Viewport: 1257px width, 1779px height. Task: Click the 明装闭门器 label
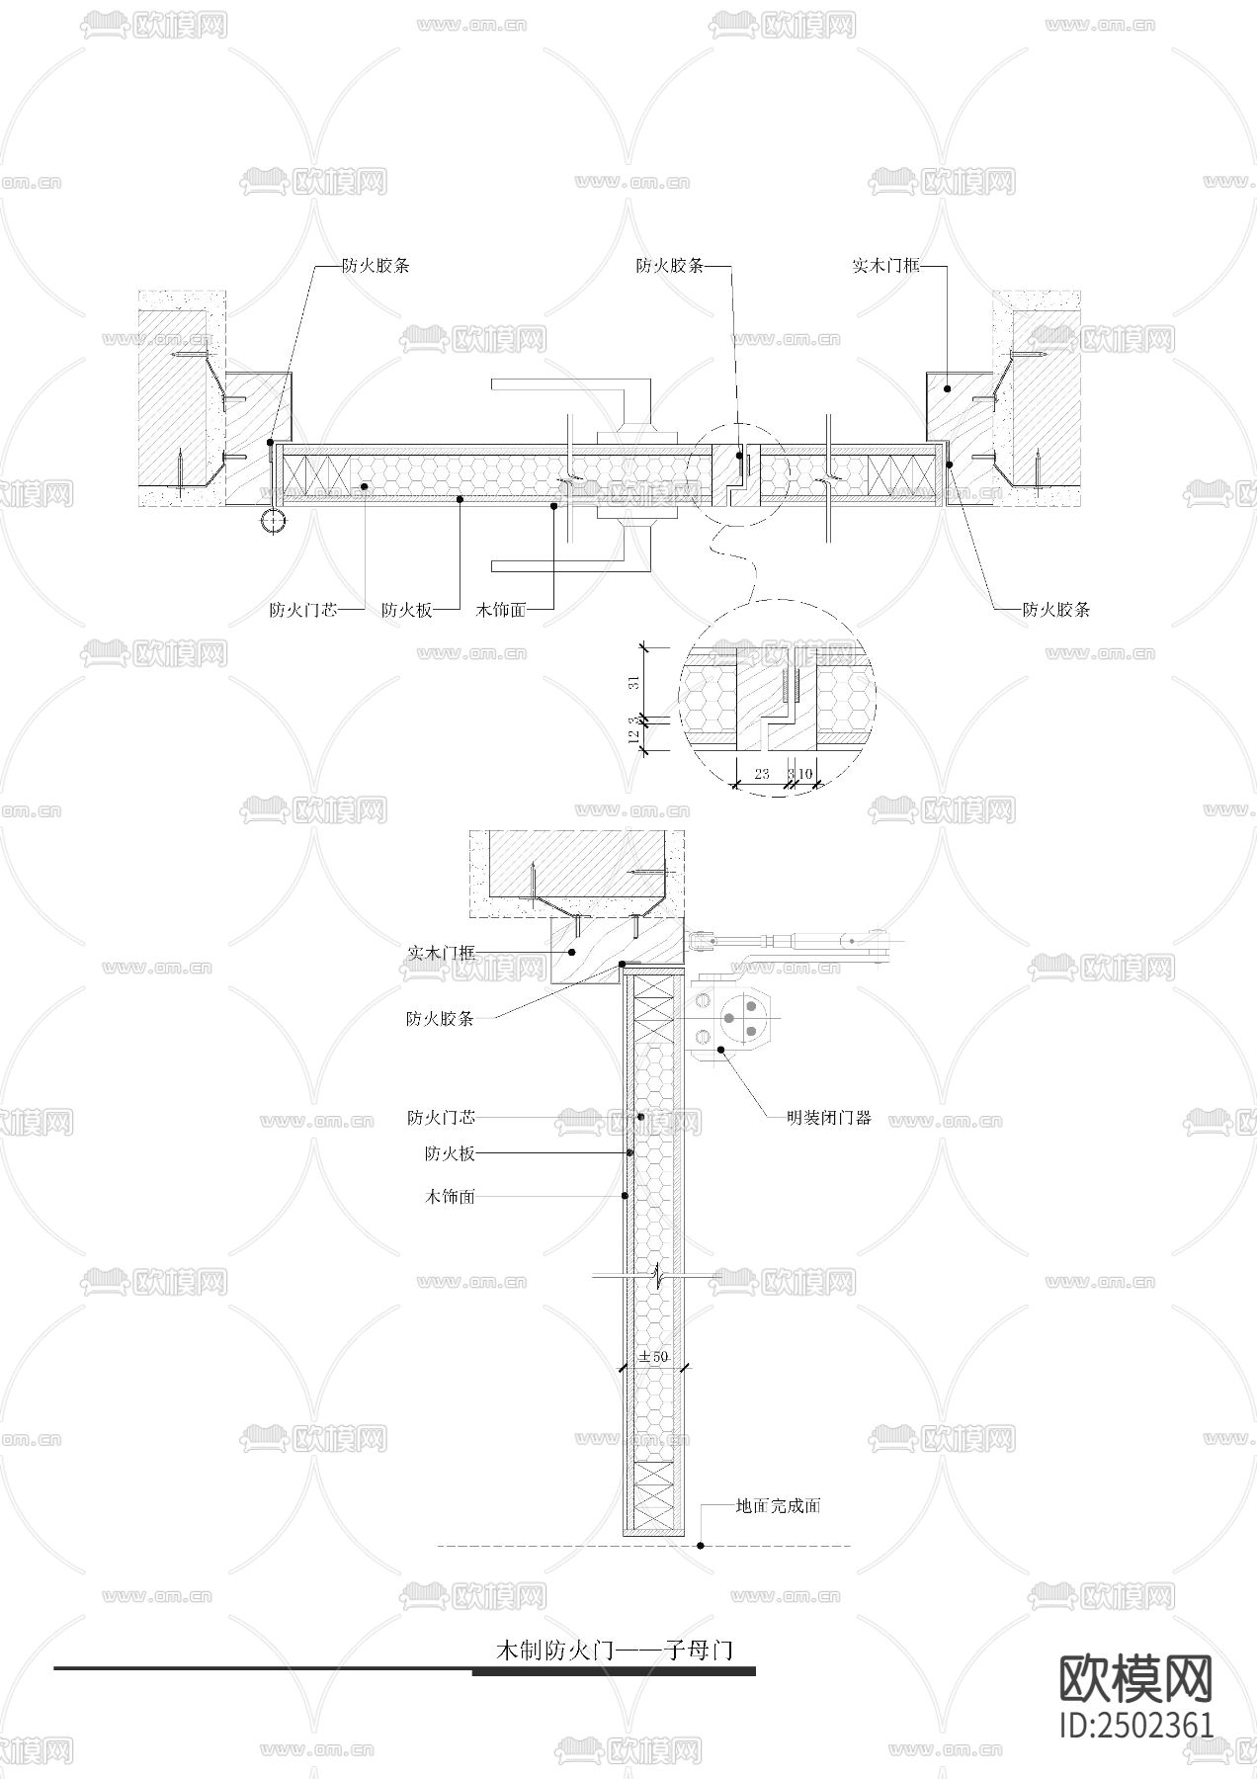829,1119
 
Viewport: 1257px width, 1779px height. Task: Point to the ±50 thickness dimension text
653,1356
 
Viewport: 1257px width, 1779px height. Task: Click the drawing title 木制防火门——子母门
614,1650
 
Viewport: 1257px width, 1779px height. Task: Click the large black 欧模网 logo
1135,1679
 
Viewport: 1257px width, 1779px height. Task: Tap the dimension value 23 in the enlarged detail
762,774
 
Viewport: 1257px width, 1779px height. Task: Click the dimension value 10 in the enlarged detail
805,774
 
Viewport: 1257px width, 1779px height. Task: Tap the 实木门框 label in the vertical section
441,953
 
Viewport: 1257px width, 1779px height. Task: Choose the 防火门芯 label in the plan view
303,610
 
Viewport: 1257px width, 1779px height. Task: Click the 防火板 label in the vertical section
450,1153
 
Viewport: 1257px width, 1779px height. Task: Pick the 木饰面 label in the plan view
501,610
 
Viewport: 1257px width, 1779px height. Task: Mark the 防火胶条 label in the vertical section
440,1019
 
